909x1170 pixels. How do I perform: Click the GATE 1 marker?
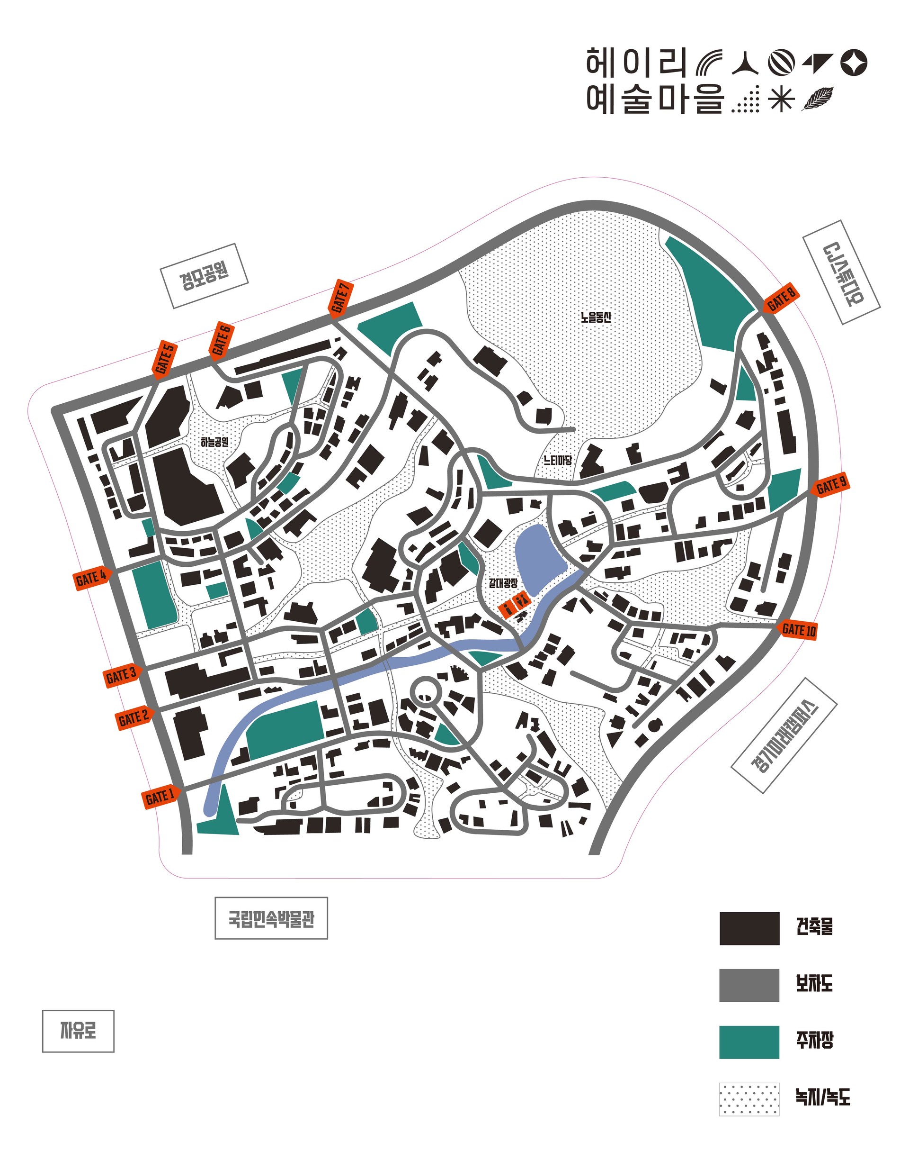[160, 797]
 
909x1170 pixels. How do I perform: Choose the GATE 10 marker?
[797, 629]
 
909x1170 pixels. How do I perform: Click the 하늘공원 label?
[214, 442]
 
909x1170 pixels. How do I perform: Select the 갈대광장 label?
[503, 582]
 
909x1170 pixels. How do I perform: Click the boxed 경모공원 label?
[205, 275]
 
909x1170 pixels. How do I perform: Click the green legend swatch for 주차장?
[749, 1042]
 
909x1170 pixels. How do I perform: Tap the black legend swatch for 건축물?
[749, 928]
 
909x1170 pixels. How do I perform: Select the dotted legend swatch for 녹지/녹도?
[749, 1099]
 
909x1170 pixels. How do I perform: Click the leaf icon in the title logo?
[817, 99]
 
